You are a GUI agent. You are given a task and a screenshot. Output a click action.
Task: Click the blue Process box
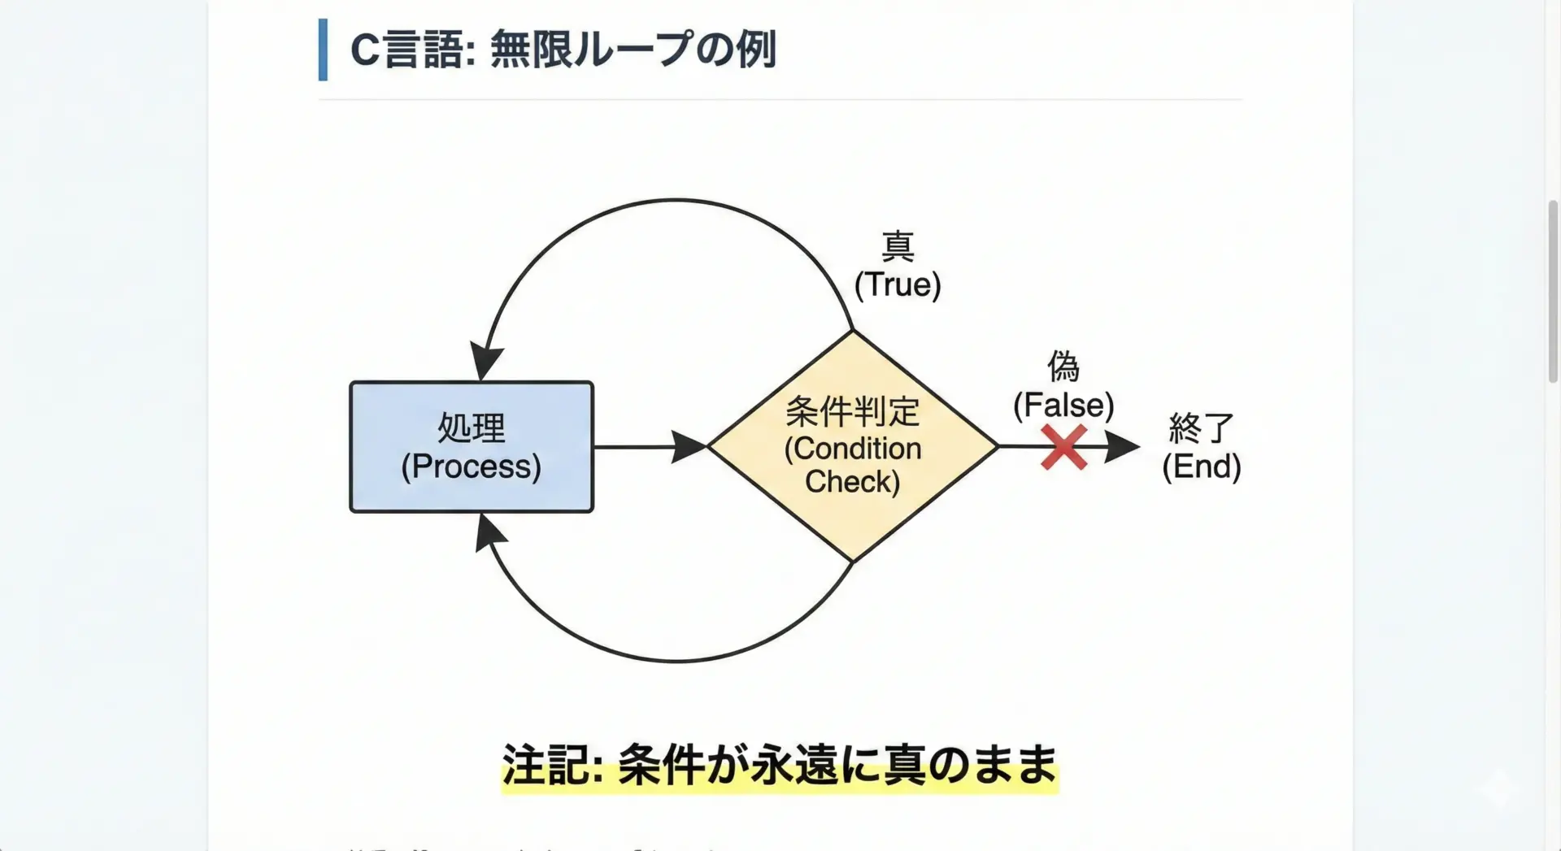tap(472, 447)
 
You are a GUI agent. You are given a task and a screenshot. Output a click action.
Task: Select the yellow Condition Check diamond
tap(852, 446)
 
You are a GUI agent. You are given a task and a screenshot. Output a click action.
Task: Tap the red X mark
tap(1063, 448)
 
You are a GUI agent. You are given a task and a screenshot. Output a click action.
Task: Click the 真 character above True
tap(898, 246)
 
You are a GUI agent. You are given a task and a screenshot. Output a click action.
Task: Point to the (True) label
tap(898, 284)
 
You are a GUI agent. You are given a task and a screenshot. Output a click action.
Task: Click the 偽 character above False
tap(1063, 367)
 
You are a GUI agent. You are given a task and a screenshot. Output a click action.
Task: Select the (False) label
tap(1063, 405)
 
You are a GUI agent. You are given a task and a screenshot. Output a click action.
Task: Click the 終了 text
tap(1201, 428)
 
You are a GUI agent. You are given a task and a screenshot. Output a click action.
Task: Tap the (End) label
tap(1201, 467)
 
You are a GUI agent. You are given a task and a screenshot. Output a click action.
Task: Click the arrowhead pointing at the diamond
tap(689, 447)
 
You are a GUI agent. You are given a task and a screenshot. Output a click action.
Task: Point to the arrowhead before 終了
tap(1122, 447)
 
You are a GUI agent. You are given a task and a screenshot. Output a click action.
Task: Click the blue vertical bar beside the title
tap(323, 50)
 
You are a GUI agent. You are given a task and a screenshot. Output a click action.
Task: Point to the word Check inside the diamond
tap(852, 482)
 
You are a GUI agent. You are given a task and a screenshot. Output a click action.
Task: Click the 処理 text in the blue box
tap(472, 428)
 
